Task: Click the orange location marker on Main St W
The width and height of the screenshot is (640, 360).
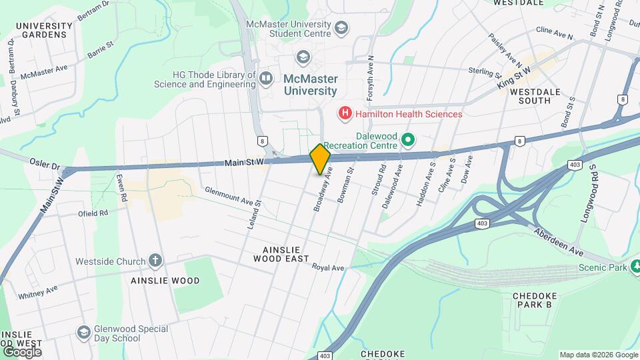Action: tap(321, 159)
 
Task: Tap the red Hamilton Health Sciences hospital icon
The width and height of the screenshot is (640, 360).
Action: tap(345, 114)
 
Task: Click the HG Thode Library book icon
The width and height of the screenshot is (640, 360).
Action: tap(266, 79)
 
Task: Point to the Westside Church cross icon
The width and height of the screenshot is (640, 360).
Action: tap(155, 261)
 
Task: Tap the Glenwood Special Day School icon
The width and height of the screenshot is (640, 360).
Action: tap(83, 331)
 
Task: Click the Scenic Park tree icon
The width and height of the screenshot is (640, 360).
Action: tap(637, 267)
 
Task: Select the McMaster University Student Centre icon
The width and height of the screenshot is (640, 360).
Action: tap(342, 27)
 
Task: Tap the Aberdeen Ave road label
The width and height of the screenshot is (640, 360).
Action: tap(559, 242)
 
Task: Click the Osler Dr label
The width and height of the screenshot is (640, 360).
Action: tap(45, 162)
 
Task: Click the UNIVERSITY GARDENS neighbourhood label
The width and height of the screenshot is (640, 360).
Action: tap(44, 29)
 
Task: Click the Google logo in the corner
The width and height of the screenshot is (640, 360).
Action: tap(21, 351)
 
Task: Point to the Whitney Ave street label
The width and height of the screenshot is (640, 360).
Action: tap(38, 291)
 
